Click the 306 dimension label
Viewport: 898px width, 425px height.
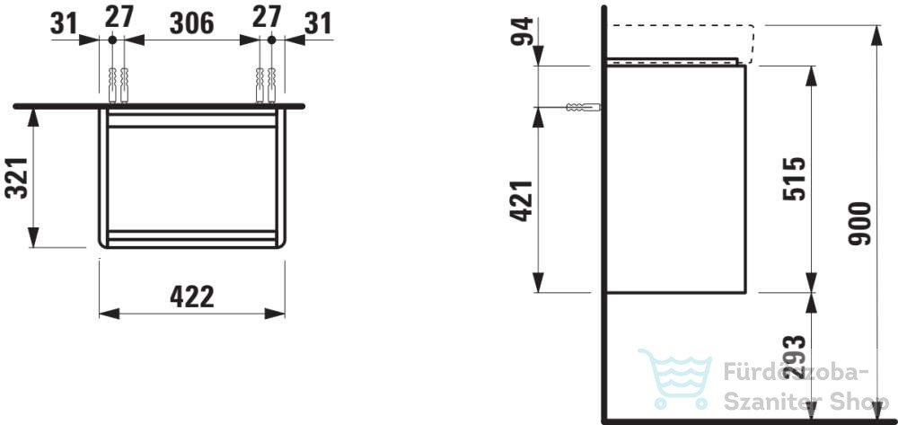pos(191,22)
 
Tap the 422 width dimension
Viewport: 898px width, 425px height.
pos(192,297)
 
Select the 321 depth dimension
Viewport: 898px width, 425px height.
pos(16,178)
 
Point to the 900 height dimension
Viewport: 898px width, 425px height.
pos(859,224)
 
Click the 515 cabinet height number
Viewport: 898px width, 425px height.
pos(795,178)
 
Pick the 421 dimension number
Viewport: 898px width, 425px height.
pos(522,200)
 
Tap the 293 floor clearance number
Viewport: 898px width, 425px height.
pos(795,358)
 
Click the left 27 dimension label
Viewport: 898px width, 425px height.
pos(119,16)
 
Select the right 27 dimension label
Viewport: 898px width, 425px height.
pos(267,16)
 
